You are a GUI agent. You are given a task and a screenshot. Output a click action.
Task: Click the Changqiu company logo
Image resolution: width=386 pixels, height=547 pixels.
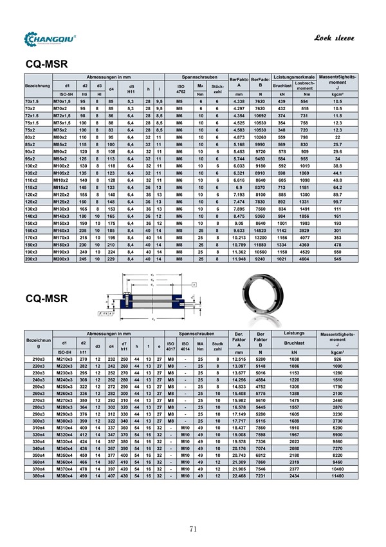50,39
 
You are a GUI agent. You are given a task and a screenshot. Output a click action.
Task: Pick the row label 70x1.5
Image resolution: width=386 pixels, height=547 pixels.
32,102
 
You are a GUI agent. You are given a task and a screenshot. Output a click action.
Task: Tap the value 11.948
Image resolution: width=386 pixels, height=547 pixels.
239,258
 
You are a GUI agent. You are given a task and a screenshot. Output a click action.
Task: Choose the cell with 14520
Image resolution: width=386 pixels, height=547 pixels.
260,230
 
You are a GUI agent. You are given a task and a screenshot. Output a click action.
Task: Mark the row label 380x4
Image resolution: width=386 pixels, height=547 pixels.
37,495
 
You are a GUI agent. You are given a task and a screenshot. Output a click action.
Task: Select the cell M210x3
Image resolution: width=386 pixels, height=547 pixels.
64,358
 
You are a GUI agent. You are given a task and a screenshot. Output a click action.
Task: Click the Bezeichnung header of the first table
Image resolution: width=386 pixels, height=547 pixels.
37,85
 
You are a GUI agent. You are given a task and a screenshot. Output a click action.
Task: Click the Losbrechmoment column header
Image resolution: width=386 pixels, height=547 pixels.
304,85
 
